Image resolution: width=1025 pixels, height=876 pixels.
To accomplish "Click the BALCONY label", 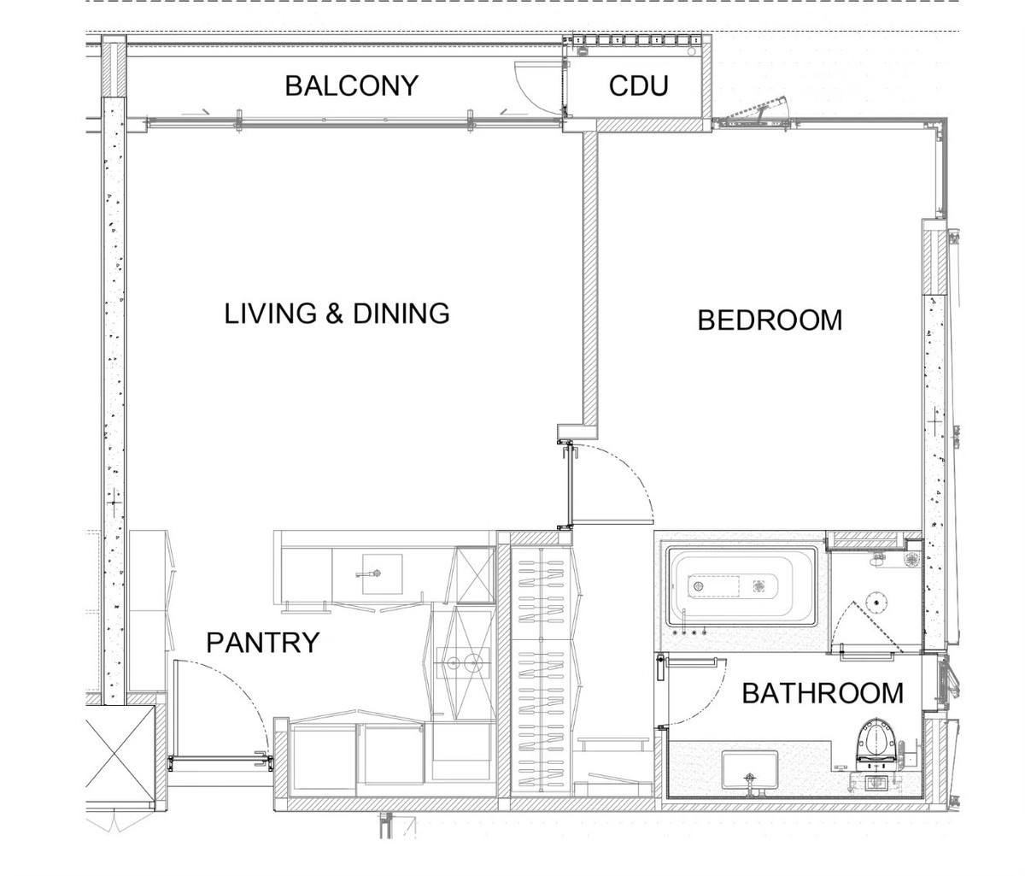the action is pos(352,85).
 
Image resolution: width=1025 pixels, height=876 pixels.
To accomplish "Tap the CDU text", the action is pos(638,85).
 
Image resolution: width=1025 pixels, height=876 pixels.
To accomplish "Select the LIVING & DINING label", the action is pos(337,314).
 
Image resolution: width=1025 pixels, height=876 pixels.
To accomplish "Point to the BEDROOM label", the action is pos(770,320).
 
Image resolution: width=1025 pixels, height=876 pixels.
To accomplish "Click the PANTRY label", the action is pos(263,643).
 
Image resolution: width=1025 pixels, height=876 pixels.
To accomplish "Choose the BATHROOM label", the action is pos(823,693).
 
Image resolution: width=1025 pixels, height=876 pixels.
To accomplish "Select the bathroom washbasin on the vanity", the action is pos(750,769).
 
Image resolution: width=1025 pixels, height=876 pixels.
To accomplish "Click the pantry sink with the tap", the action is pos(382,574).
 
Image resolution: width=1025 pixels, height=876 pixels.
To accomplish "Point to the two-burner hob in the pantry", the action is pos(463,662).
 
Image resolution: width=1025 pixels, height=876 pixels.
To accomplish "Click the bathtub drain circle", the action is pos(698,585).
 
